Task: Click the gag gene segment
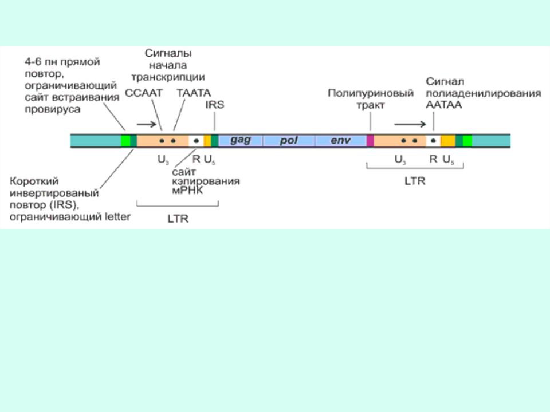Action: click(240, 140)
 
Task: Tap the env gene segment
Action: click(340, 140)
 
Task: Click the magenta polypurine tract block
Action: click(370, 141)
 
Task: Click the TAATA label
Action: click(194, 92)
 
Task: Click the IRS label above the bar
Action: click(214, 105)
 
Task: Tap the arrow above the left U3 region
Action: click(147, 122)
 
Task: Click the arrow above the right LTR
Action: click(408, 123)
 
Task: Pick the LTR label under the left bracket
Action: click(178, 218)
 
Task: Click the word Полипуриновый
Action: click(370, 93)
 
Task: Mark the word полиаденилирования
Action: click(484, 93)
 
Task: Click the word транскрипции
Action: click(168, 77)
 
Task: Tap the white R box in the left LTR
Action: click(195, 141)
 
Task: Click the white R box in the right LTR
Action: click(433, 141)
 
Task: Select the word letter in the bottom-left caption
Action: click(117, 216)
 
